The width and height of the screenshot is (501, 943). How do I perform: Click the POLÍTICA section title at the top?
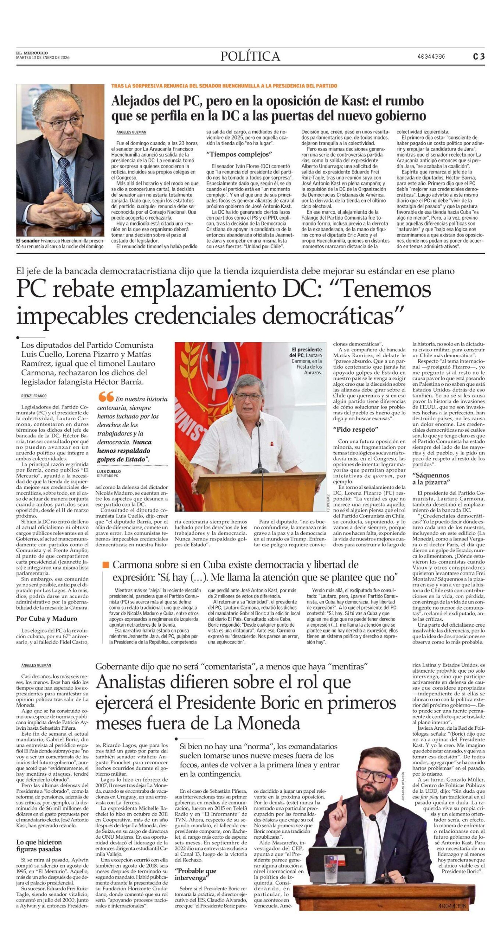pyautogui.click(x=250, y=56)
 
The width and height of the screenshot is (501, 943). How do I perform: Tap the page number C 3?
pyautogui.click(x=479, y=56)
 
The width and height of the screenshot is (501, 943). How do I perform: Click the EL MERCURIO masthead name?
pyautogui.click(x=32, y=53)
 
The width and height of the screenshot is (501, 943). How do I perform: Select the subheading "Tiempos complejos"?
pyautogui.click(x=239, y=154)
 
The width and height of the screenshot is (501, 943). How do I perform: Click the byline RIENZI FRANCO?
pyautogui.click(x=34, y=396)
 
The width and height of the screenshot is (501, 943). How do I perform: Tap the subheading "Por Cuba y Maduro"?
pyautogui.click(x=46, y=618)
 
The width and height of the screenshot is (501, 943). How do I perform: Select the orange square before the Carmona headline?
pyautogui.click(x=106, y=565)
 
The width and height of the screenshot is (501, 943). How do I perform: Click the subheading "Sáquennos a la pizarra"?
pyautogui.click(x=431, y=478)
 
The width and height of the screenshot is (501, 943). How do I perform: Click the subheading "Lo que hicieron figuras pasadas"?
pyautogui.click(x=39, y=845)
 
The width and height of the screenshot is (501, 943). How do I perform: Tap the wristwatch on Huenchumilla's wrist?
pyautogui.click(x=86, y=210)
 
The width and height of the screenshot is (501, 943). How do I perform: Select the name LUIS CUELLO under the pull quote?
pyautogui.click(x=109, y=471)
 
